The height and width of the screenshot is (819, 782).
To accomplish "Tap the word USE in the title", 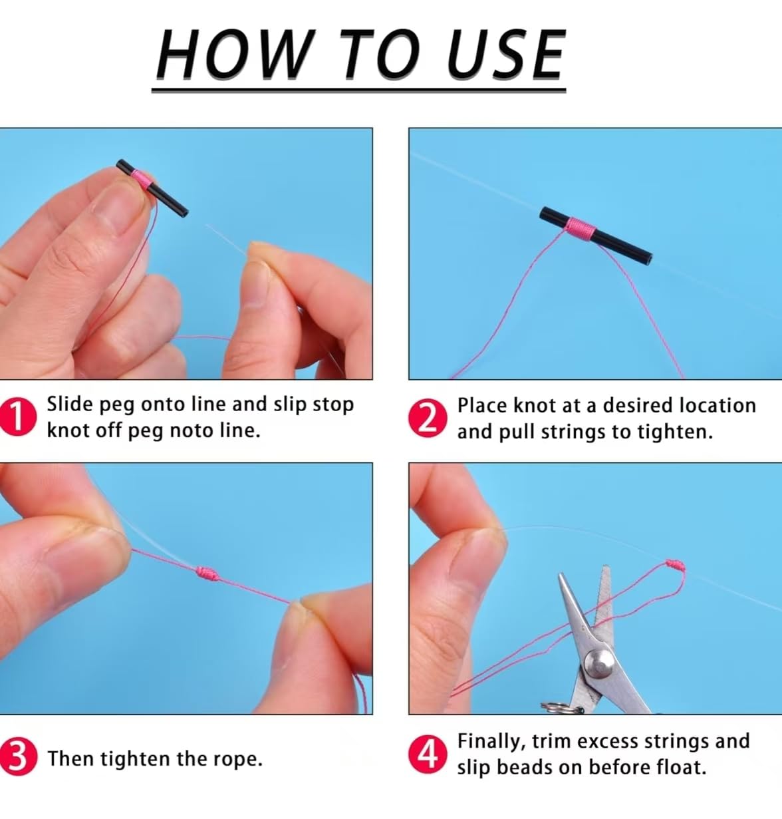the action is [x=507, y=54].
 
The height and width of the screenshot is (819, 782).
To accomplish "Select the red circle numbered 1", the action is [x=17, y=416].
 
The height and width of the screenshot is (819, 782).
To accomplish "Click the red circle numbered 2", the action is [x=427, y=418].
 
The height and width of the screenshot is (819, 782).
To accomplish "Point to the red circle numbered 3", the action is [x=17, y=756].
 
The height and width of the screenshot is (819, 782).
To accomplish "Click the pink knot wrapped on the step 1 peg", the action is [x=142, y=179].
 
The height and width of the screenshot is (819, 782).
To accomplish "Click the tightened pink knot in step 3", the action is [x=207, y=573].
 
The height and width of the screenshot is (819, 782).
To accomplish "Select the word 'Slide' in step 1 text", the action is [x=69, y=404].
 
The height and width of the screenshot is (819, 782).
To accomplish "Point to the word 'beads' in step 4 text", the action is [x=525, y=767].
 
